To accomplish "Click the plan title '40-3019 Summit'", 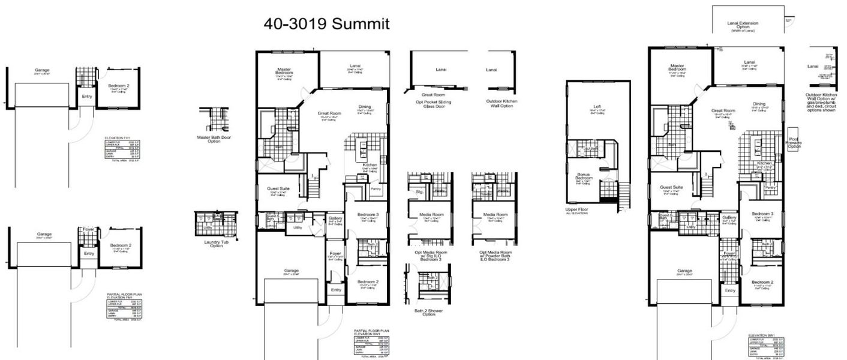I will [326, 24].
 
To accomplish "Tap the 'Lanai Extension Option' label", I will [743, 26].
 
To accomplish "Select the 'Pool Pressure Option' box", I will [794, 139].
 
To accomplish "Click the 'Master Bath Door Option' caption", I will [214, 139].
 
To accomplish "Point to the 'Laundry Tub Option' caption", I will [212, 243].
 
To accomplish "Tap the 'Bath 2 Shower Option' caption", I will [425, 312].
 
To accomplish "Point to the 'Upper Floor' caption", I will [576, 211].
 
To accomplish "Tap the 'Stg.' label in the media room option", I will [419, 191].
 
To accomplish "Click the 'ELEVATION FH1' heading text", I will [117, 137].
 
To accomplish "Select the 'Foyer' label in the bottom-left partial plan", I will [88, 229].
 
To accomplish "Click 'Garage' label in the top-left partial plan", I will [42, 71].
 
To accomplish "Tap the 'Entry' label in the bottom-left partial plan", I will [89, 253].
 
